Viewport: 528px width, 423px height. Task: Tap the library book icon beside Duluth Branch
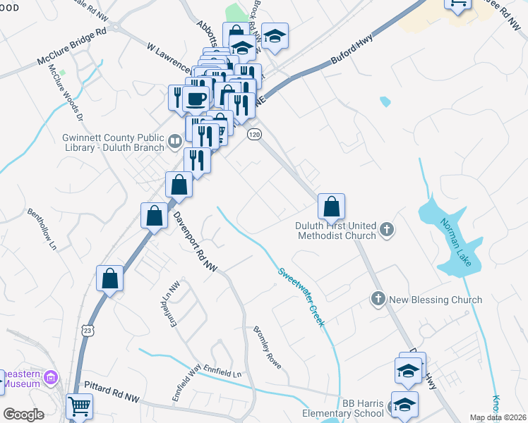pyautogui.click(x=175, y=144)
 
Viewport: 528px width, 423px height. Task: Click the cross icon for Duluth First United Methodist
pyautogui.click(x=386, y=229)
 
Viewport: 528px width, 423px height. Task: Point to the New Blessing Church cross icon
pyautogui.click(x=378, y=300)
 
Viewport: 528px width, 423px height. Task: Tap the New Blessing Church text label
pyautogui.click(x=435, y=300)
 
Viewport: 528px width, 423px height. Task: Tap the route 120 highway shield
pyautogui.click(x=254, y=134)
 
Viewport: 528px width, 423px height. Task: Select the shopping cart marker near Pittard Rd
pyautogui.click(x=79, y=406)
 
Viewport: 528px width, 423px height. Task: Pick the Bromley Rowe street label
pyautogui.click(x=268, y=348)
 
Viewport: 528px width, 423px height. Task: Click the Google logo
pyautogui.click(x=24, y=415)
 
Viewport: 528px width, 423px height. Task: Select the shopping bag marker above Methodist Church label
pyautogui.click(x=331, y=207)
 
